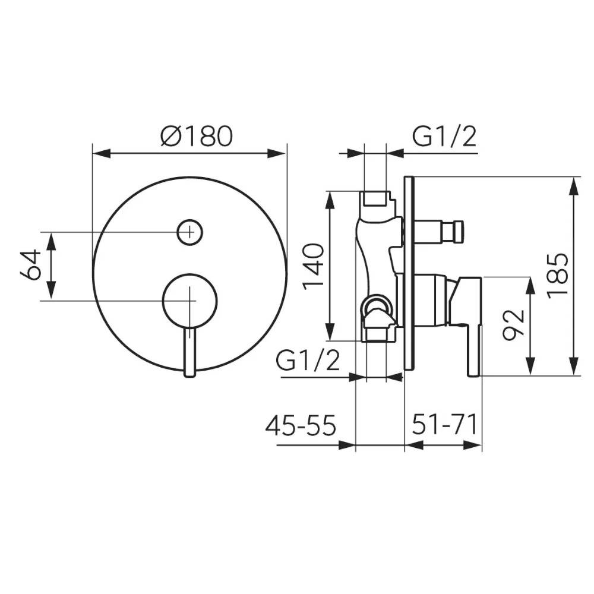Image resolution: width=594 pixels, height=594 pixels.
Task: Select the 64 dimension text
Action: [x=31, y=264]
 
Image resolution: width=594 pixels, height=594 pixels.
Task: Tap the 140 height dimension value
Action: [x=314, y=266]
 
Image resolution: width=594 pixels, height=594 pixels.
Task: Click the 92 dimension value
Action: [x=513, y=325]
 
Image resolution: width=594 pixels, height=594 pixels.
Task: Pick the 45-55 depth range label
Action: [x=301, y=425]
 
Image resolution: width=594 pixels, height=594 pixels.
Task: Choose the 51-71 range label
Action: [x=444, y=425]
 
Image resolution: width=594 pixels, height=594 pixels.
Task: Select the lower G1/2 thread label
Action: [x=308, y=361]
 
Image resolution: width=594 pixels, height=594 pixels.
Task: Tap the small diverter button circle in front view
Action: [x=190, y=232]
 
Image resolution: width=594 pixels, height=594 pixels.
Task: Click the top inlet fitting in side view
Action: [x=375, y=198]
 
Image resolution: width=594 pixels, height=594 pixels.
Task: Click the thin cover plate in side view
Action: [x=410, y=273]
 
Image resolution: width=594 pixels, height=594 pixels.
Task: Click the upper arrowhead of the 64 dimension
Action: [x=52, y=241]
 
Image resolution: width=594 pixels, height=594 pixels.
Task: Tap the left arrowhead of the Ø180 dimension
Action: [x=102, y=153]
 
